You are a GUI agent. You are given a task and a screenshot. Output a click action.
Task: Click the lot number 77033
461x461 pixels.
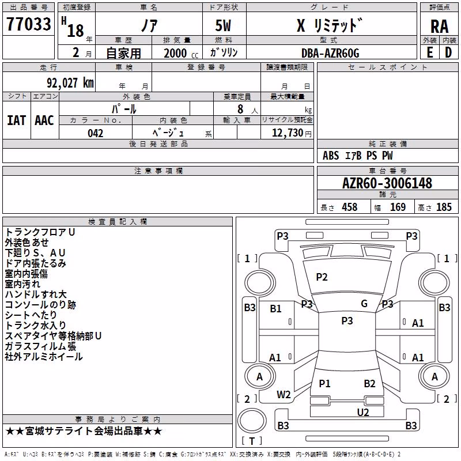(x=28, y=24)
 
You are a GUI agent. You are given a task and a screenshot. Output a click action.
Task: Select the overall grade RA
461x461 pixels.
(x=440, y=27)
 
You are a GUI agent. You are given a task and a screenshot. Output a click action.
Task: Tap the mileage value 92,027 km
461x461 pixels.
(x=70, y=83)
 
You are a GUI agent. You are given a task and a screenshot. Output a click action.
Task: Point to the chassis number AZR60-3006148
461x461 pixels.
(x=387, y=183)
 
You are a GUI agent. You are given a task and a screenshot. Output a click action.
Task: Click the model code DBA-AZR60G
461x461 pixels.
(x=330, y=53)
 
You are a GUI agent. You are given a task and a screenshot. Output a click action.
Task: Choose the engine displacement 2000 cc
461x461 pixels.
(x=181, y=53)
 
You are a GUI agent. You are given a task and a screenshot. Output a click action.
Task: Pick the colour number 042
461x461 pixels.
(x=96, y=133)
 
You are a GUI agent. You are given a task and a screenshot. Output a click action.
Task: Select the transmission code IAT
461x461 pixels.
(x=16, y=120)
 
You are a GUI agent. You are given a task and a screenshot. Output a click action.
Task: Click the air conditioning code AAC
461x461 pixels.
(x=44, y=120)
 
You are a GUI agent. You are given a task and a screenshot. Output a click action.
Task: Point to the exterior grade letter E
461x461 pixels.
(x=430, y=52)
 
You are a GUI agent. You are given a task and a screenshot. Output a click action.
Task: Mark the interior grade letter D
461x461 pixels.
(x=448, y=52)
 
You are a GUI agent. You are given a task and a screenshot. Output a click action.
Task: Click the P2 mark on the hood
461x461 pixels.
(x=322, y=277)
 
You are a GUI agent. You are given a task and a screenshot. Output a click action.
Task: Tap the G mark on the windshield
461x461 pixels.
(x=364, y=303)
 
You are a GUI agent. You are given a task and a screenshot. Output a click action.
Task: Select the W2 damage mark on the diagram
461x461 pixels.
(x=284, y=395)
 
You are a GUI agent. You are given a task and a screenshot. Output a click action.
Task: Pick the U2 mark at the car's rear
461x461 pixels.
(x=363, y=412)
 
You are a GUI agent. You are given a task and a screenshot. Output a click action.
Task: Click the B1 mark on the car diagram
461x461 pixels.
(x=275, y=308)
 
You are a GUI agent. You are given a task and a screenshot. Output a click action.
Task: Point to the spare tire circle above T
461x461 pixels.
(x=252, y=421)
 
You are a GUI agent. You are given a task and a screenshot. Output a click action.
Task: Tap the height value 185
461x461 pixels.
(x=444, y=207)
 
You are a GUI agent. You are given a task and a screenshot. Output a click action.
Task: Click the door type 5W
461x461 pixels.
(x=223, y=25)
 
